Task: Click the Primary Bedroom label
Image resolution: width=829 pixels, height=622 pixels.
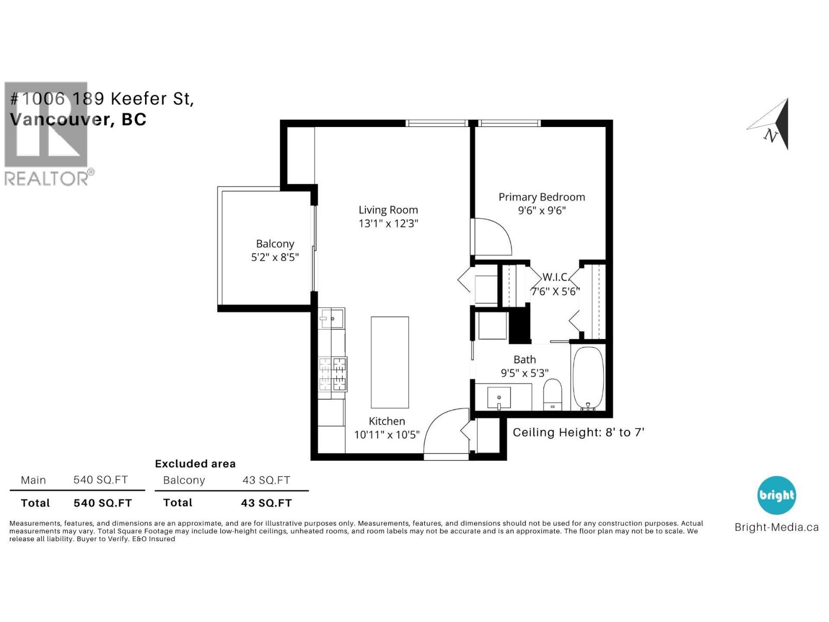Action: tap(541, 197)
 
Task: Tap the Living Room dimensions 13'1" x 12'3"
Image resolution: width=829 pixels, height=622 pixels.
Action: tap(388, 223)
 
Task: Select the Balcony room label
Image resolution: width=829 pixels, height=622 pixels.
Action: tap(275, 244)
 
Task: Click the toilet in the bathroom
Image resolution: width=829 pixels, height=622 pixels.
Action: tap(552, 394)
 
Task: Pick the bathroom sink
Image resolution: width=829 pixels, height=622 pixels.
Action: tap(499, 397)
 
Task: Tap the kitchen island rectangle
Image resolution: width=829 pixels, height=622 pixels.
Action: tap(390, 362)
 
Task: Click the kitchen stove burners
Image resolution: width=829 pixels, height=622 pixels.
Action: tap(333, 374)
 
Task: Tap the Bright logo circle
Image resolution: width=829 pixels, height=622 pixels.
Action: tap(777, 495)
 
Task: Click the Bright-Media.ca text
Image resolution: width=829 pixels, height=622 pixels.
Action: tap(777, 527)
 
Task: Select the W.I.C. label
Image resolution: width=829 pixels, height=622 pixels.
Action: tap(555, 277)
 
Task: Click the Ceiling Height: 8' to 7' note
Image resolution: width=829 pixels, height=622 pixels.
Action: tap(578, 432)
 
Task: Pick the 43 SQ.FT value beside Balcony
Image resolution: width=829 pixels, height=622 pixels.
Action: tap(266, 480)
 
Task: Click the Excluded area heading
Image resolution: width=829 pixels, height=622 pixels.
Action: tap(195, 464)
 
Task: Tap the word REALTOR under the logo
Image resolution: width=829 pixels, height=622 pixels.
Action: tap(47, 178)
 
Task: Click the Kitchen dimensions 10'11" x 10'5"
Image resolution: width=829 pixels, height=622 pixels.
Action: tap(387, 435)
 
